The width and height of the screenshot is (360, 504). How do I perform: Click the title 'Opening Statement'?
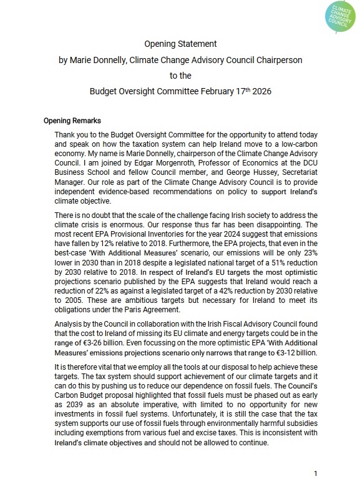pos(180,45)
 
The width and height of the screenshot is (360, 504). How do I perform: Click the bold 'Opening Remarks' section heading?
pos(73,121)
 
